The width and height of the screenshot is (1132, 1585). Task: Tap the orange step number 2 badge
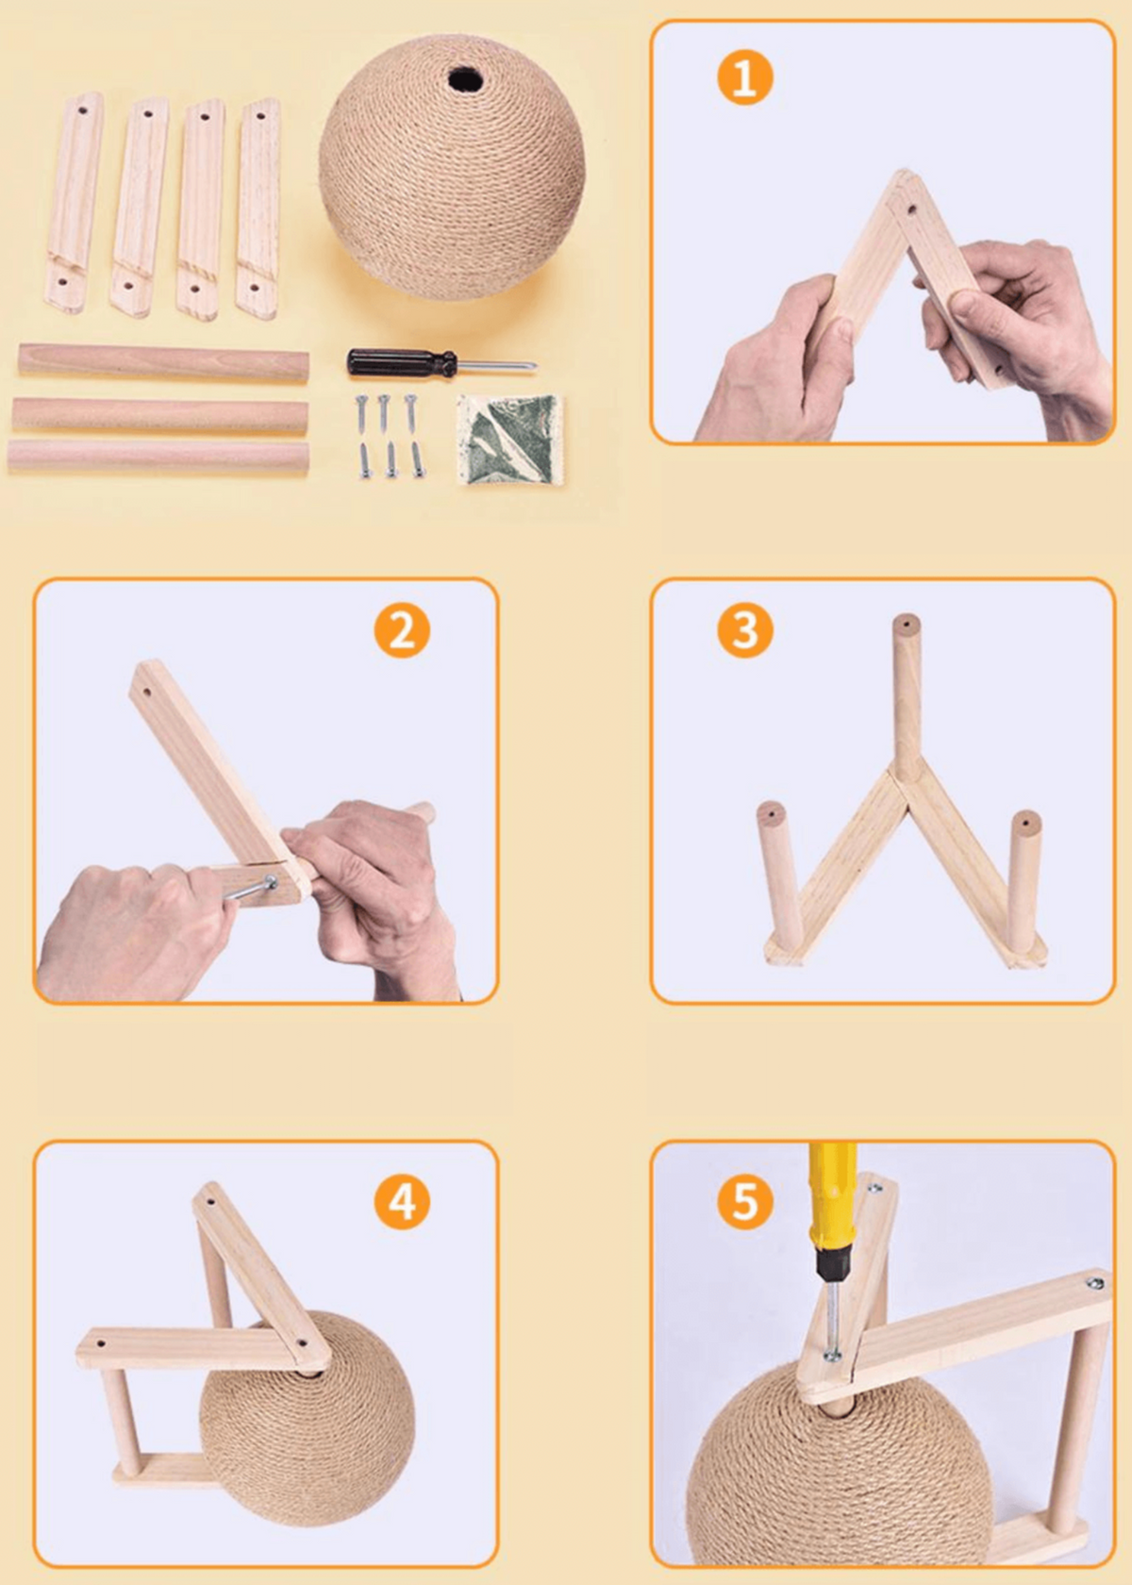pos(401,631)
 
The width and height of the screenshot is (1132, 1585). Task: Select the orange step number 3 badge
pos(744,630)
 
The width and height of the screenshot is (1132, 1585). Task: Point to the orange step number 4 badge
pos(401,1202)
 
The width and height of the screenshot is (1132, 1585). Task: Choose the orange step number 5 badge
pos(744,1202)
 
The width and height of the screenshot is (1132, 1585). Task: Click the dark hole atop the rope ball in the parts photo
pos(464,78)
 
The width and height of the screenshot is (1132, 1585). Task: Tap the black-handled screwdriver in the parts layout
pos(441,362)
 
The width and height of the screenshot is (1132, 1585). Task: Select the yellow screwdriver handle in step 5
pos(830,1202)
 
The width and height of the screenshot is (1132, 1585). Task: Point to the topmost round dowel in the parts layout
pos(163,363)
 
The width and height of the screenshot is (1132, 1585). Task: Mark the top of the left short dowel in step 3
pos(771,813)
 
